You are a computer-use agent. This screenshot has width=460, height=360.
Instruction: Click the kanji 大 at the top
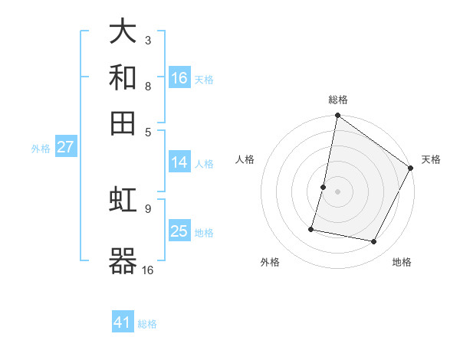click(x=123, y=33)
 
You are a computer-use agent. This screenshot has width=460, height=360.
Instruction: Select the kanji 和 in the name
click(x=123, y=77)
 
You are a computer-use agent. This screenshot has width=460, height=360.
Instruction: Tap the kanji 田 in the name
click(x=123, y=122)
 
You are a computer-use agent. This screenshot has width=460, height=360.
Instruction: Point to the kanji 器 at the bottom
click(x=123, y=260)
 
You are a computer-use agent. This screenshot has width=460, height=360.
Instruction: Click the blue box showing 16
click(x=179, y=78)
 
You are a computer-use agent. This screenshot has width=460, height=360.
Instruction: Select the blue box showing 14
click(x=179, y=162)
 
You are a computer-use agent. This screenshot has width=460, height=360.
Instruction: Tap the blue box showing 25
click(x=179, y=231)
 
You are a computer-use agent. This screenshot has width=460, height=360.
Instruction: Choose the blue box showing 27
click(x=65, y=147)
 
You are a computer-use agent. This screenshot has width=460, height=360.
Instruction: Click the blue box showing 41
click(x=123, y=322)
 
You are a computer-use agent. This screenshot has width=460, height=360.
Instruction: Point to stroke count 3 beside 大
click(x=148, y=40)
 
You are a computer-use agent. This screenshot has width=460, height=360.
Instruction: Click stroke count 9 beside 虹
click(x=148, y=208)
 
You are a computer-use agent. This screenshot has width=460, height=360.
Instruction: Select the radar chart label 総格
click(x=338, y=100)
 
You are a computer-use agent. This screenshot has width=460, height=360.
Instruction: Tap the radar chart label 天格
click(x=431, y=159)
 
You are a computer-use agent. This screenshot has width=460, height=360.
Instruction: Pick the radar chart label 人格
click(x=245, y=159)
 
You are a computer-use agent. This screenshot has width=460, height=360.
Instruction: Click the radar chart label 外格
click(x=270, y=262)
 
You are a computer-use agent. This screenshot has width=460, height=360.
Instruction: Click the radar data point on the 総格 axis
click(x=338, y=116)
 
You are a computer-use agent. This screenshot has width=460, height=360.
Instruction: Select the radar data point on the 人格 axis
click(x=324, y=187)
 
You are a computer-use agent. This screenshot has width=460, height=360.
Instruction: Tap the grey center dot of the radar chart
click(x=338, y=191)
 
